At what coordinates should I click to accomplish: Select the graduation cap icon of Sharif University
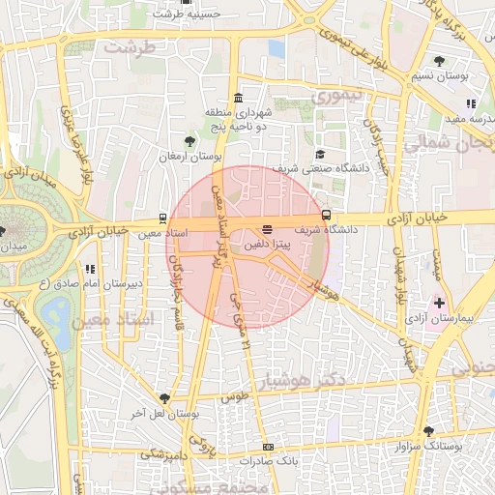point(319,154)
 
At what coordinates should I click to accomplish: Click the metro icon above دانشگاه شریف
point(327,215)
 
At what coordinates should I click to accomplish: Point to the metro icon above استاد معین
point(161,218)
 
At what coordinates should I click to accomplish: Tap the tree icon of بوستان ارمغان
point(189,142)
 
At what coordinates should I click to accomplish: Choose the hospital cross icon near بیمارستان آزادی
point(439,303)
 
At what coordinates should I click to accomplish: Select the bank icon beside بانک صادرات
point(268,447)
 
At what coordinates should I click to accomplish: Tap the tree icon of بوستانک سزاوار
point(428,431)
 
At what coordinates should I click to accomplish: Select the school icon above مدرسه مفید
point(471,103)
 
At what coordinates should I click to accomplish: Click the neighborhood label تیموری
point(335,96)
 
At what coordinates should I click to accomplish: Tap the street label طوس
point(236,396)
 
